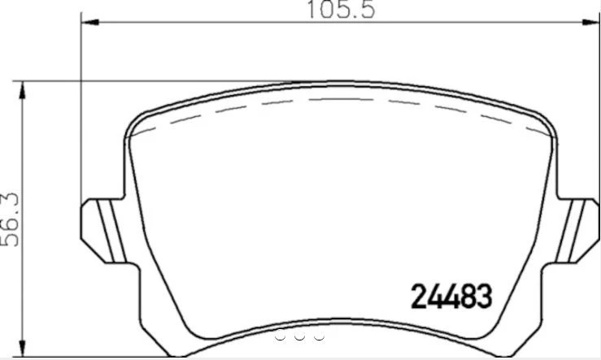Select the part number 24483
click(x=449, y=297)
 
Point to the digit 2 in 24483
click(x=414, y=297)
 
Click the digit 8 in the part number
click(x=468, y=297)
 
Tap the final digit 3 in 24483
click(x=485, y=297)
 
